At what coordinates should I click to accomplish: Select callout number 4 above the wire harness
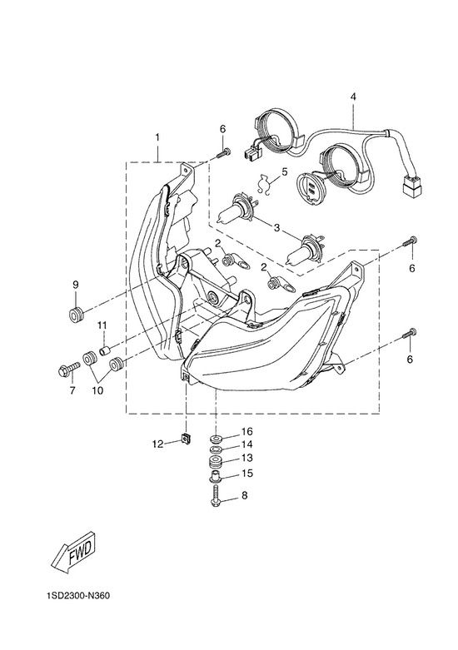click(x=353, y=97)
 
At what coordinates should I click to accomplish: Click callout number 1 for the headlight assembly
click(x=157, y=136)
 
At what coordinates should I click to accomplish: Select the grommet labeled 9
click(x=76, y=315)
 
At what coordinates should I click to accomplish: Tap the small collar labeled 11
click(x=105, y=350)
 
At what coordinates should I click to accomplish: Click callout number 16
click(x=246, y=432)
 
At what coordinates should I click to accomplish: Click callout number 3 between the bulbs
click(x=276, y=227)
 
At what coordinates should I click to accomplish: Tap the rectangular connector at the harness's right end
click(x=412, y=186)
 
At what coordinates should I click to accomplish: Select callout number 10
click(x=98, y=390)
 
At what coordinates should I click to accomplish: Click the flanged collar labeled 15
click(x=216, y=477)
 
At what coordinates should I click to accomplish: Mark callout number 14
click(x=246, y=444)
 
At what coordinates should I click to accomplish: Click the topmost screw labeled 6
click(x=223, y=152)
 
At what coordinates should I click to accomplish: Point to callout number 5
click(x=284, y=171)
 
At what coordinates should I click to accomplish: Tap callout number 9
click(x=76, y=285)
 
